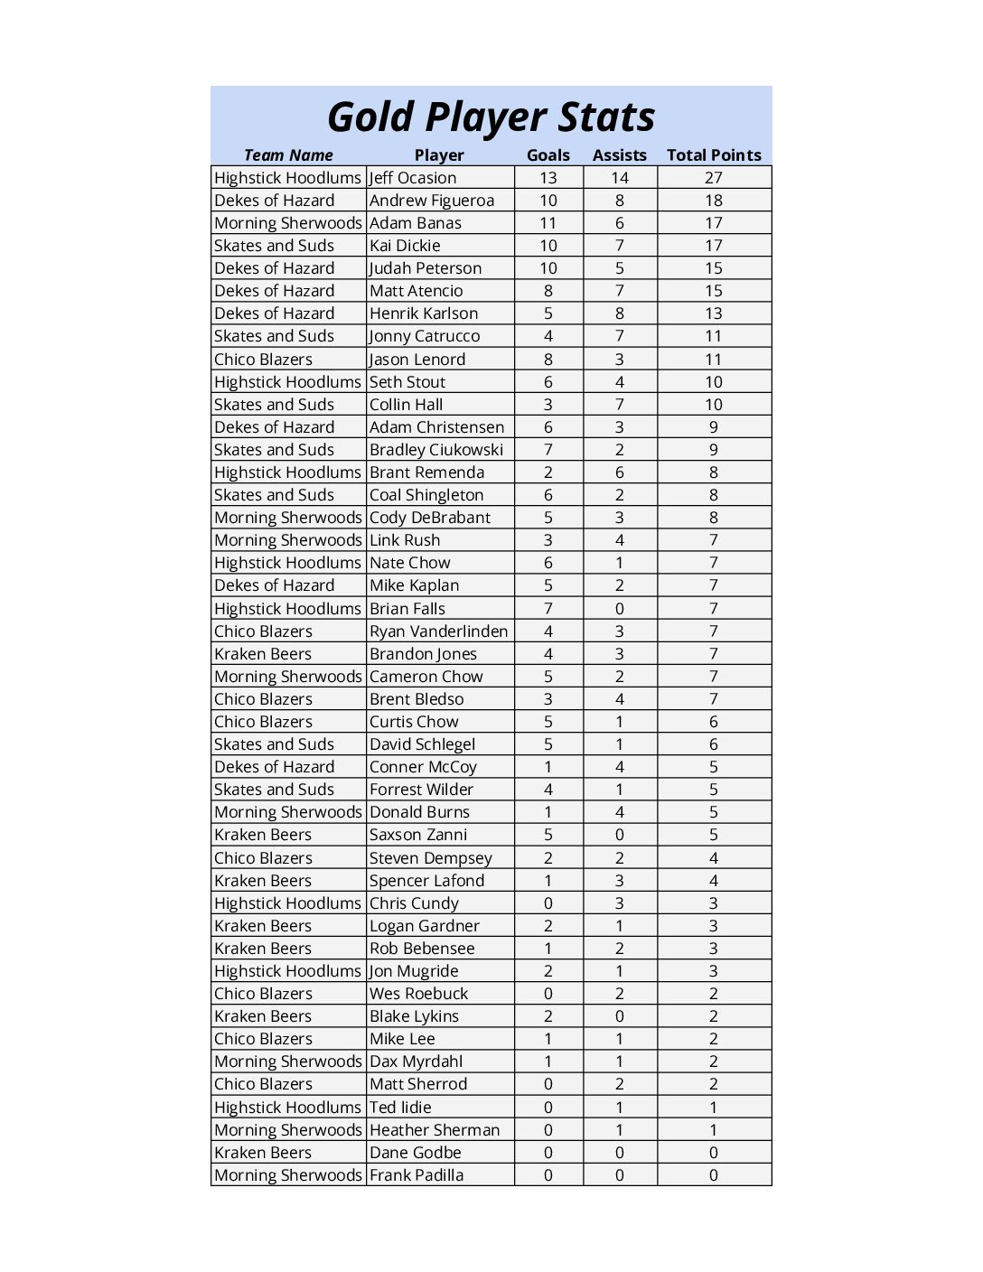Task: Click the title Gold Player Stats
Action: click(491, 117)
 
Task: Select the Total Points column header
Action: click(714, 155)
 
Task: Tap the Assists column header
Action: click(620, 155)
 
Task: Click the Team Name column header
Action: click(288, 155)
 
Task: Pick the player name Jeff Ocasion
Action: click(413, 178)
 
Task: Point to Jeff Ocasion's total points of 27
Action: click(714, 178)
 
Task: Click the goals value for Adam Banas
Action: click(548, 223)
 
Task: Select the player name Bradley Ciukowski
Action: click(436, 450)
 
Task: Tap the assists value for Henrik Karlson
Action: click(620, 313)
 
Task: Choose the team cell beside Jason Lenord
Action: click(263, 360)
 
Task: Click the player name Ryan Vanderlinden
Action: click(438, 631)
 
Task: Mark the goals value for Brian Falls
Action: click(548, 609)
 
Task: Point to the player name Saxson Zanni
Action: click(418, 835)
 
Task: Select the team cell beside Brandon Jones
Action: click(263, 654)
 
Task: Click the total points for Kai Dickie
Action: click(714, 246)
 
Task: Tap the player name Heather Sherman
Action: click(435, 1130)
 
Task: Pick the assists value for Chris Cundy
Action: click(620, 903)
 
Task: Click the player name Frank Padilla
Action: click(417, 1175)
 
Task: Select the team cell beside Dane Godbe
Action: click(263, 1153)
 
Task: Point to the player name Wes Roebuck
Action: click(418, 994)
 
